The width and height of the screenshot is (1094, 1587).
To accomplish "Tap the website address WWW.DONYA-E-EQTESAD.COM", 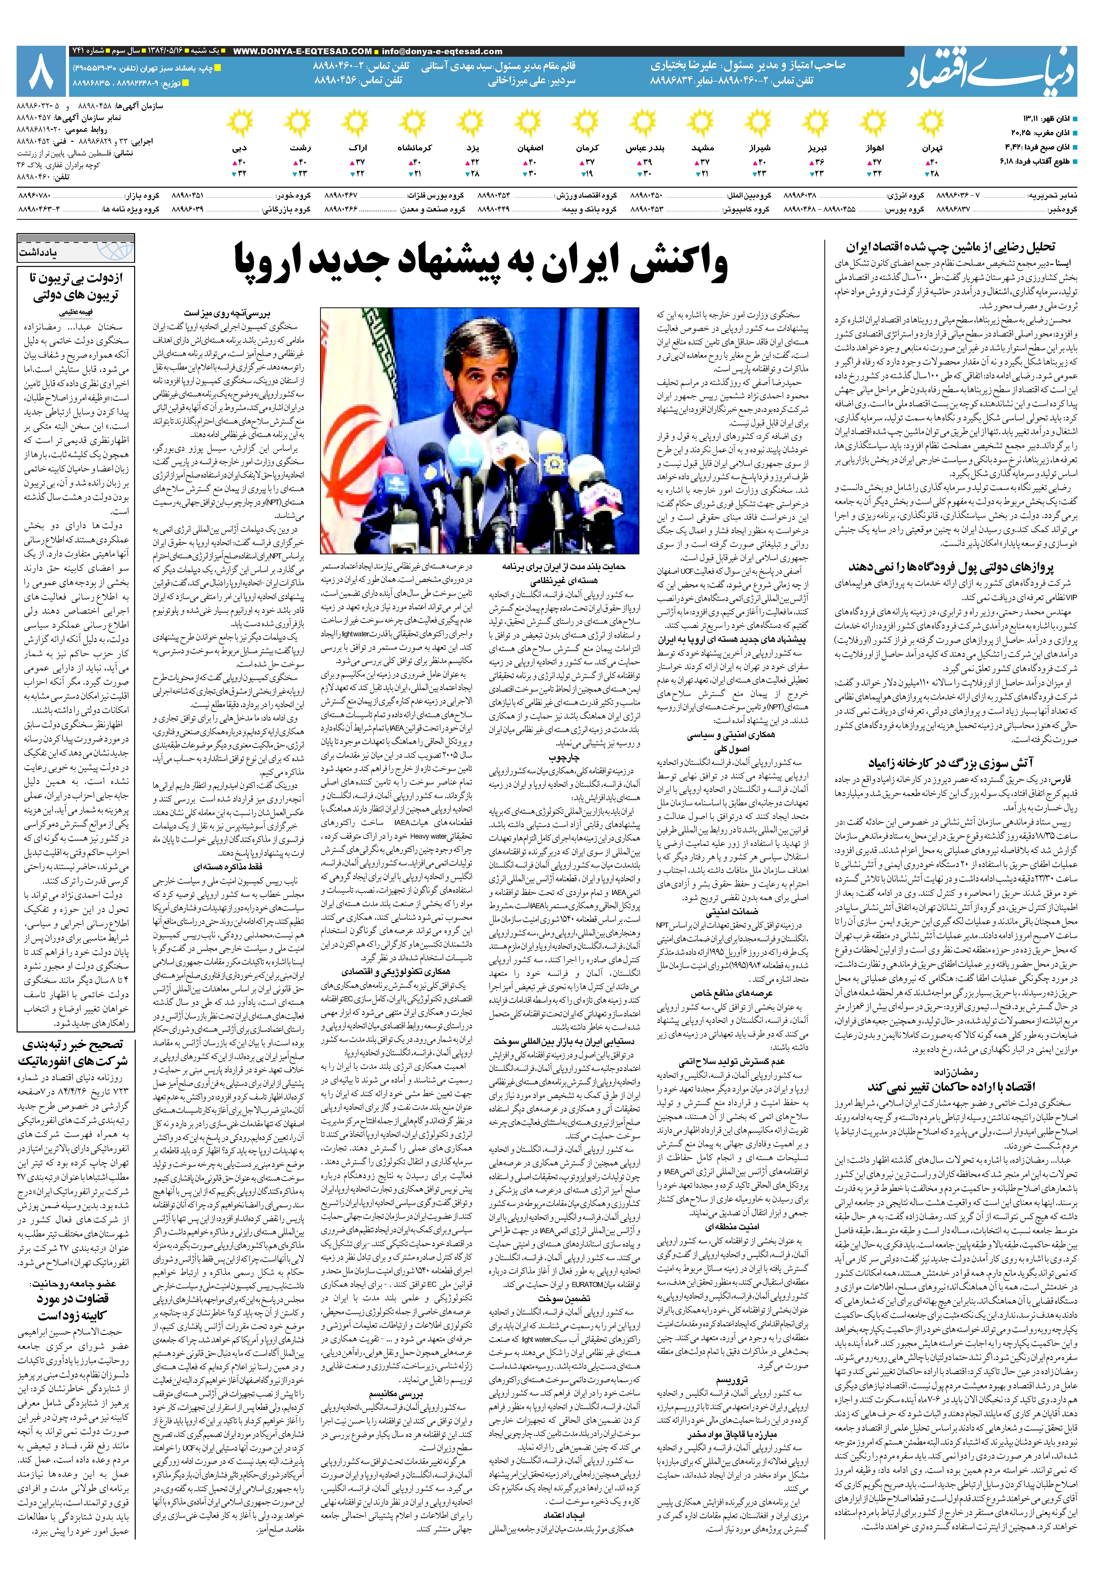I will click(302, 51).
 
